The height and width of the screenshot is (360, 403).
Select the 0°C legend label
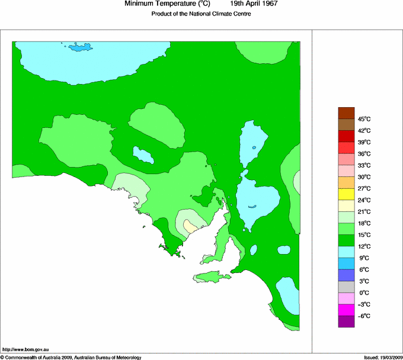pos(363,293)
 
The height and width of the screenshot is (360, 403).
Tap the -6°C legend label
pos(363,316)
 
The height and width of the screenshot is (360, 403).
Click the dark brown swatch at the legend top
pos(346,112)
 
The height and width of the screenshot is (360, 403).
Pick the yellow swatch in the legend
pos(346,194)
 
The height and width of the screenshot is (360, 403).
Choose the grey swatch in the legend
pos(346,287)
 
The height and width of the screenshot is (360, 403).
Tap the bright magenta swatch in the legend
pos(346,310)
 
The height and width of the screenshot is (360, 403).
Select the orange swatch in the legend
pos(346,182)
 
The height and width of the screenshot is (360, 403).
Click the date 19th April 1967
pos(254,4)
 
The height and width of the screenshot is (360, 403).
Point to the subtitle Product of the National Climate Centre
pos(201,14)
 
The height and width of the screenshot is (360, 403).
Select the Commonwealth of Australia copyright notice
pos(71,357)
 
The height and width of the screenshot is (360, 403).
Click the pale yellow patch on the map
pos(190,226)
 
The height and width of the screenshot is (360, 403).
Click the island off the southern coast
pos(213,277)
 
